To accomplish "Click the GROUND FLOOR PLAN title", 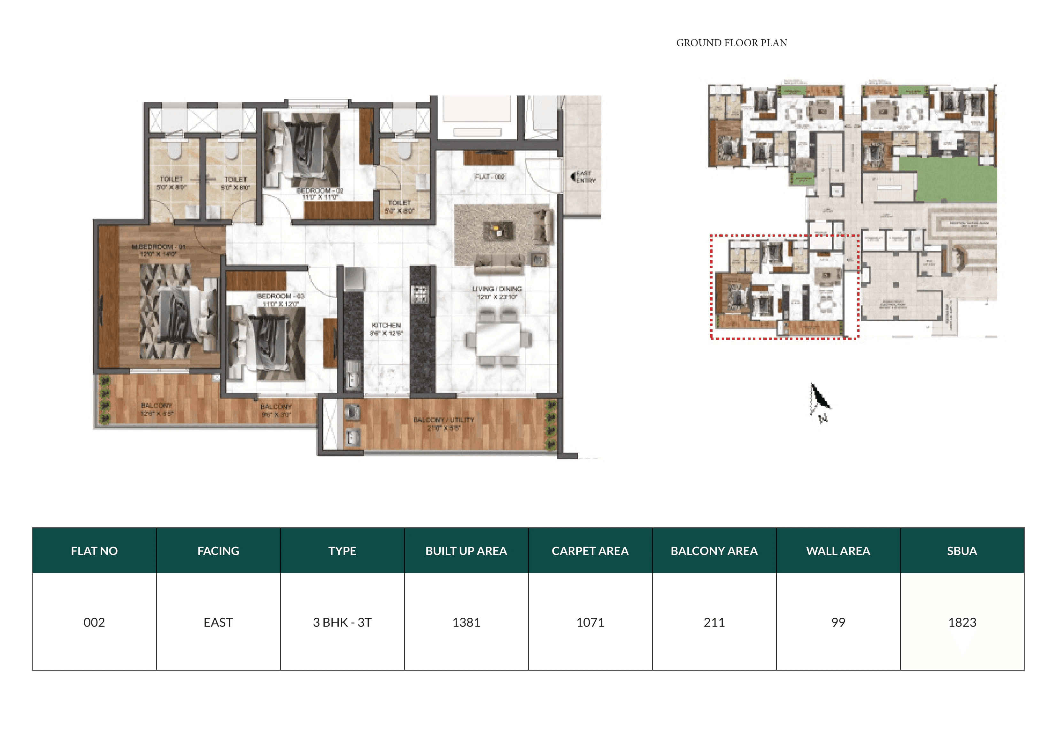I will [731, 43].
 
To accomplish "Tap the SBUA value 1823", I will [962, 622].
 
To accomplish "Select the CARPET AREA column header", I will [590, 551].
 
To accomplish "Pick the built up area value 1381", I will [466, 622].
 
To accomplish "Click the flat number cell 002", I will [94, 622].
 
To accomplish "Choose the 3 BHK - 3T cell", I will [342, 622].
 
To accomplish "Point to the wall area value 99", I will [838, 622].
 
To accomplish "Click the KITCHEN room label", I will [386, 329].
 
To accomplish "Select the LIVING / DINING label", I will [497, 292].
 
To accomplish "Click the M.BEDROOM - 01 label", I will [158, 250].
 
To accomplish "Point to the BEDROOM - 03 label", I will [280, 300].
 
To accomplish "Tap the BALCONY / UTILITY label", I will [443, 423].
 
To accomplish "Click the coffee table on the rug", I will [498, 230].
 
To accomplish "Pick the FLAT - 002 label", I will [490, 177].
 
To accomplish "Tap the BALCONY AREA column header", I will [714, 551].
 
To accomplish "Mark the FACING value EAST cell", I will [218, 622].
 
